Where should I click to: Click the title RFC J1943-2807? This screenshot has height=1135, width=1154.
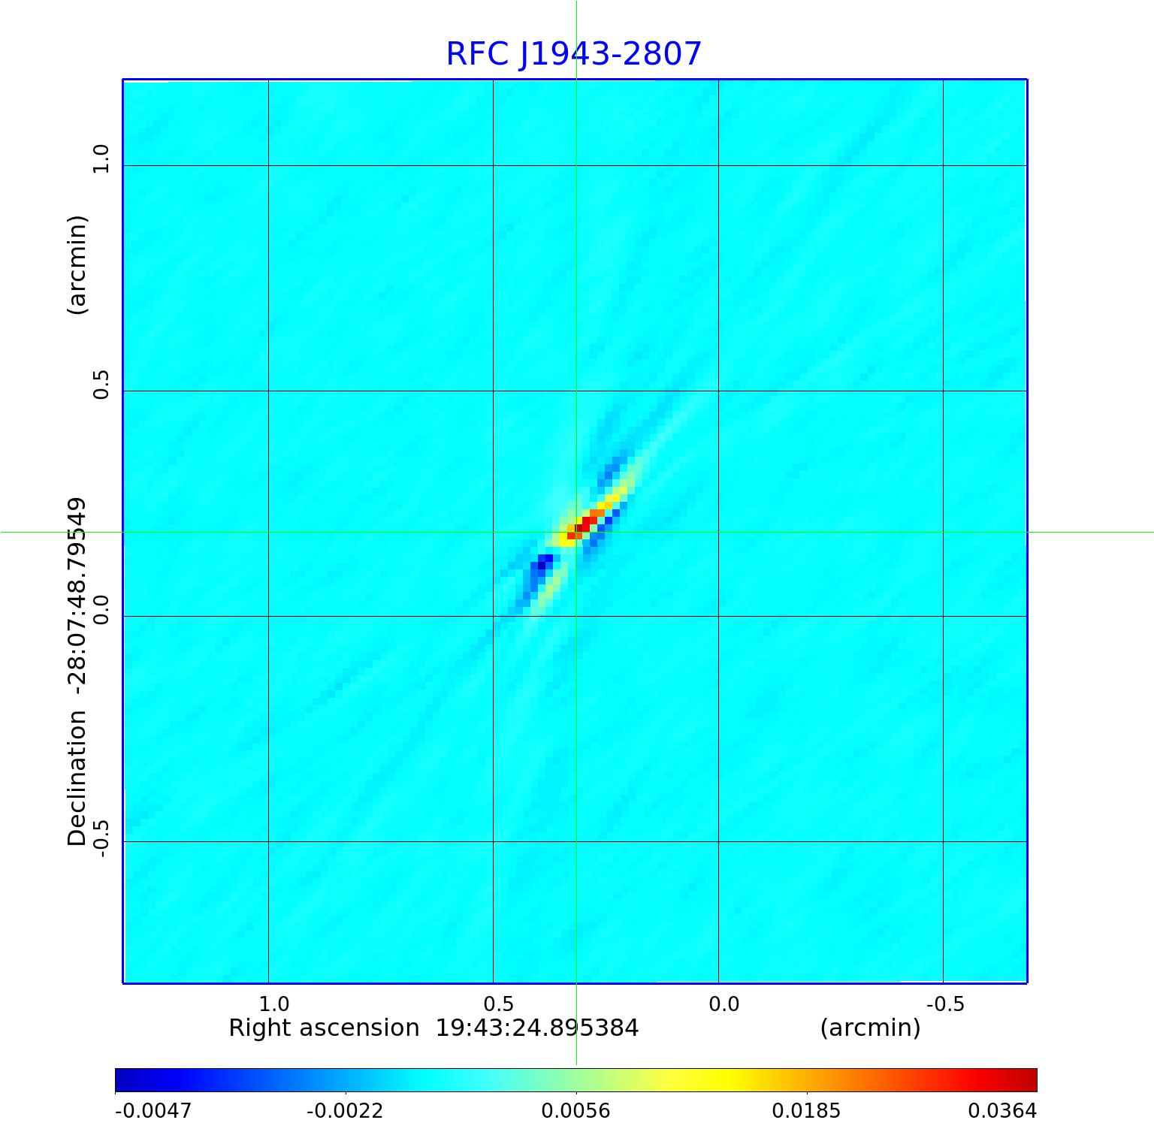pos(574,54)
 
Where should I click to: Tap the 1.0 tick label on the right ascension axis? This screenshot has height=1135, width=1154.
pos(273,1004)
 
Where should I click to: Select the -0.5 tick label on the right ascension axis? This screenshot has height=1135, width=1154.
pos(944,1004)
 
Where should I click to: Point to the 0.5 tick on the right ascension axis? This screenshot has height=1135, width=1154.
pos(499,1004)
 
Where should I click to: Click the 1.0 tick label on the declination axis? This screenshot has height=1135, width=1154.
pos(101,158)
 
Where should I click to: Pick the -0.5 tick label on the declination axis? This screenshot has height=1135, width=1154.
pos(101,837)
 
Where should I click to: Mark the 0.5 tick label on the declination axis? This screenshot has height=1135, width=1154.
pos(101,384)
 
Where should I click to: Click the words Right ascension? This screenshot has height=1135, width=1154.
pos(324,1028)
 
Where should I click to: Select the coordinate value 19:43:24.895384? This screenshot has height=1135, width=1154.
pos(537,1028)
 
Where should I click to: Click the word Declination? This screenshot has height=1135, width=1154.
pos(77,779)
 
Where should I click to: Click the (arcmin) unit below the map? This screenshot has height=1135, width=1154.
pos(870,1028)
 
